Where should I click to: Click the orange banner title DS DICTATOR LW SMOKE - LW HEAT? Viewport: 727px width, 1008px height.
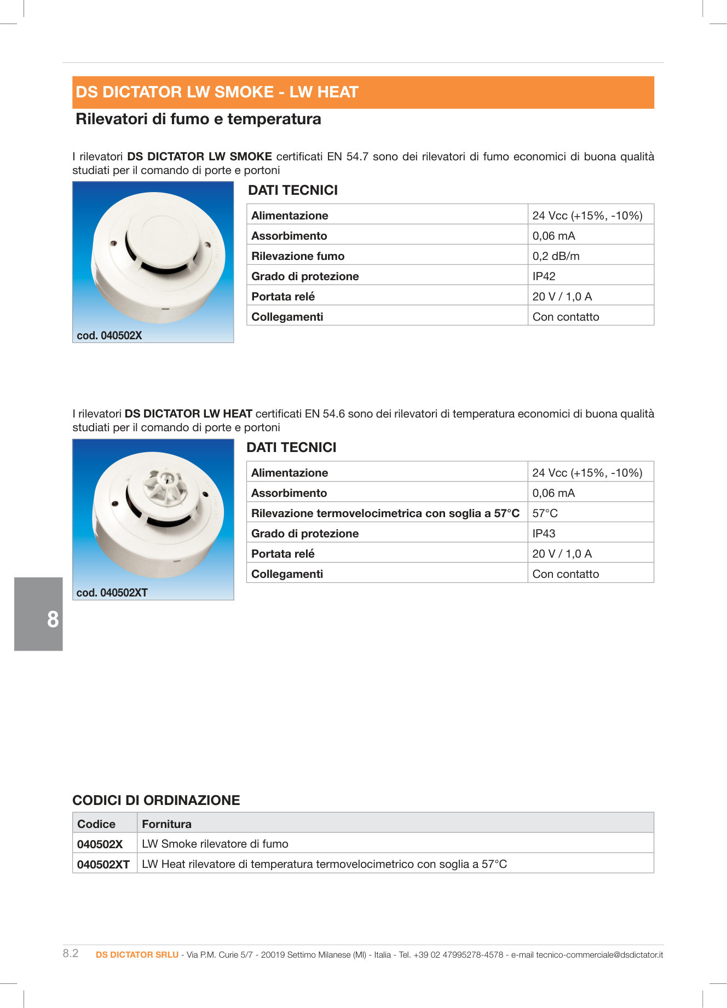[217, 92]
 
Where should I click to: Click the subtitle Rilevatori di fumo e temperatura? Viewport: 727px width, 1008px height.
[198, 119]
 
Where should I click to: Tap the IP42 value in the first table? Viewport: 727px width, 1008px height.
[544, 276]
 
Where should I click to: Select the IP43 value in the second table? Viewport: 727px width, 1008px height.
[544, 534]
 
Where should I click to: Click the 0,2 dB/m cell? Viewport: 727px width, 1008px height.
[556, 256]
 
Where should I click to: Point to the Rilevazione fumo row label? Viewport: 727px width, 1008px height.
[298, 256]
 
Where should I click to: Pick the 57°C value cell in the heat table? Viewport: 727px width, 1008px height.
[545, 513]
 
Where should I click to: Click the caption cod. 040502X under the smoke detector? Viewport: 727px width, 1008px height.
[109, 335]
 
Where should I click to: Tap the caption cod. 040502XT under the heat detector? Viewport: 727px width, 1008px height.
[112, 593]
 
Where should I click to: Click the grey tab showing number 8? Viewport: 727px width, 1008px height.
[39, 614]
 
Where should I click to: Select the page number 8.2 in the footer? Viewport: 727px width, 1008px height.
[71, 953]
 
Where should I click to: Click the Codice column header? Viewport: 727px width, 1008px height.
[96, 824]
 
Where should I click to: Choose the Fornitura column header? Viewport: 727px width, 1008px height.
[166, 824]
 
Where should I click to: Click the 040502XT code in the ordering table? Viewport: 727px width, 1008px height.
[103, 865]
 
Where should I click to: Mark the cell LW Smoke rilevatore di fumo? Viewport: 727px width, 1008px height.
[215, 844]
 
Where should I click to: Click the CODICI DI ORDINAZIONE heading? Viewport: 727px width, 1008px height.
[156, 800]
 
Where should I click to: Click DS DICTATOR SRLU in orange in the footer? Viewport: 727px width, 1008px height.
[137, 955]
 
